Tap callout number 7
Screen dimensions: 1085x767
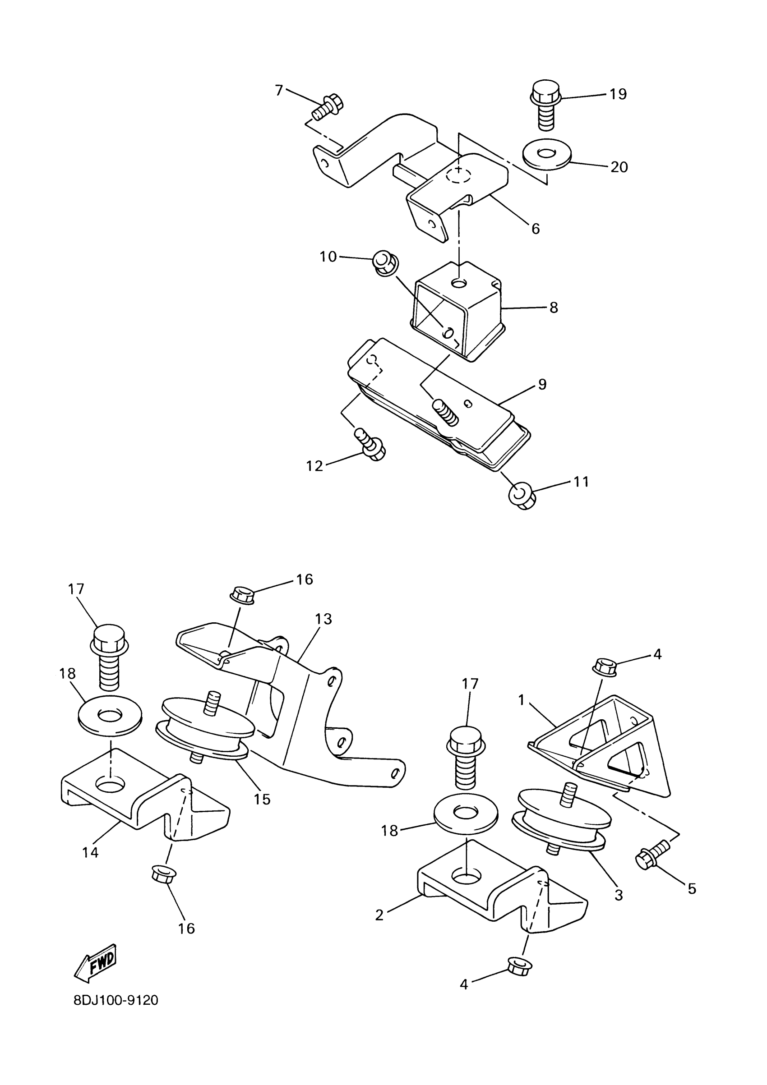(x=279, y=90)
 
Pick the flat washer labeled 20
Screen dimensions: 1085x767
(x=547, y=156)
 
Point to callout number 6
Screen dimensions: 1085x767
(x=535, y=229)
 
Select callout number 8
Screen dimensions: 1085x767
(x=554, y=308)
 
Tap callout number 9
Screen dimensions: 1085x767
(x=542, y=384)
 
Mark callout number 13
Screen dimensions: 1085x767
(x=324, y=619)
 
